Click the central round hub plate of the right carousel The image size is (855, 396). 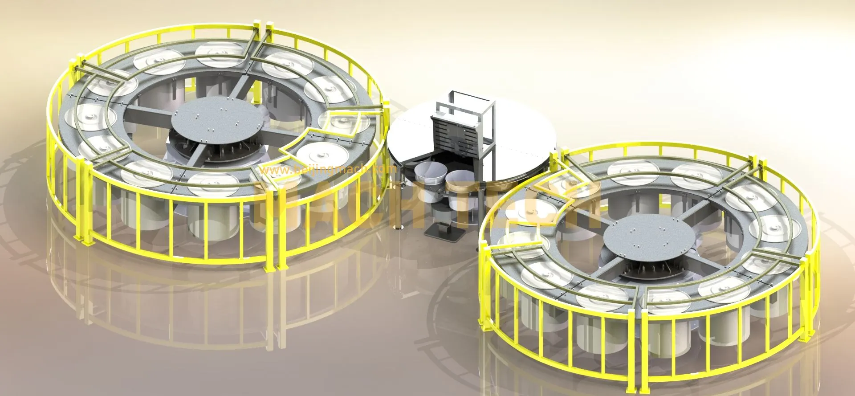click(x=642, y=243)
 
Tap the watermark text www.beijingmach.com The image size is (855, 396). click(x=327, y=169)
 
